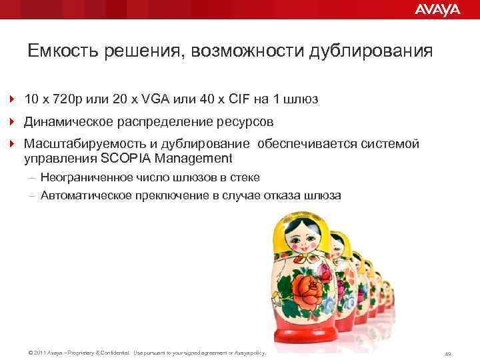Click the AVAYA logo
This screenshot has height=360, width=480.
click(437, 9)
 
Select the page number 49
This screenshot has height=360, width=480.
click(448, 353)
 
